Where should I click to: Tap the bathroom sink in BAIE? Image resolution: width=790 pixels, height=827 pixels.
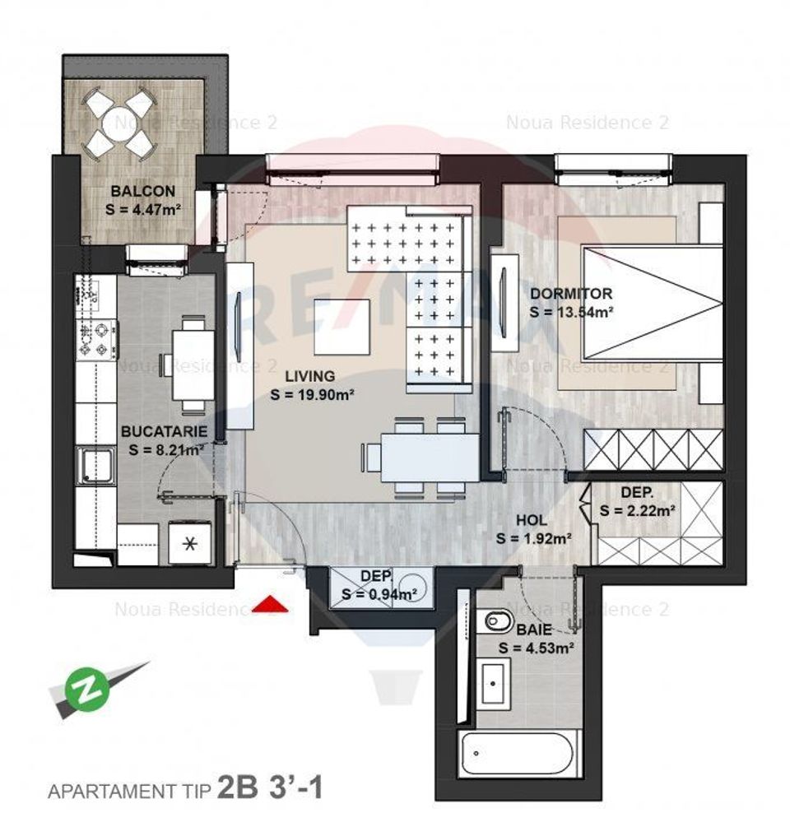pos(498,685)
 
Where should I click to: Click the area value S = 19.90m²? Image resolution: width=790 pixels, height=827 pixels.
pos(312,394)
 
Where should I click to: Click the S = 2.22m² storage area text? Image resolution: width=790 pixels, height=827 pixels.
pos(638,510)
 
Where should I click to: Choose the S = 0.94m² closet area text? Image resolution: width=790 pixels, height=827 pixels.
pos(379,593)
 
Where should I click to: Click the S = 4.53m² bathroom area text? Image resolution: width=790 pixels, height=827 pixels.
pos(536,647)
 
